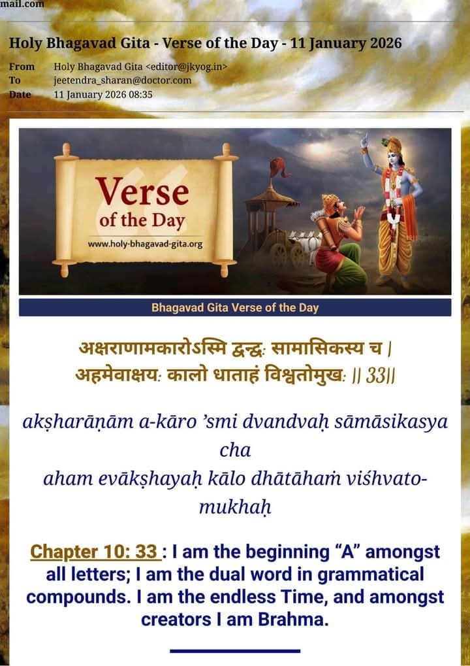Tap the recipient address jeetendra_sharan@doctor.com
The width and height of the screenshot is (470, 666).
coord(123,80)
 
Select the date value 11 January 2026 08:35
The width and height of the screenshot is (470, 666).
coord(103,94)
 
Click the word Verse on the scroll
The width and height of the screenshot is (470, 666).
coord(142,191)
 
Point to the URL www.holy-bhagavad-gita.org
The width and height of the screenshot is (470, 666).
coord(145,244)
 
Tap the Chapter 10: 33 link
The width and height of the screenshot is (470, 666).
coord(95,552)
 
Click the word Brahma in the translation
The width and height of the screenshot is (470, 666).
coord(293,620)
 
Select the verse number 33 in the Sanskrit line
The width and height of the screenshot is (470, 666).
coord(375,375)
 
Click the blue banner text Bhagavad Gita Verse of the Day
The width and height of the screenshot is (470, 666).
coord(235,308)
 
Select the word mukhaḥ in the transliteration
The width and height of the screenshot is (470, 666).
coord(234,507)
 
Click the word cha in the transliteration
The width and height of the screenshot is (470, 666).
coord(235,450)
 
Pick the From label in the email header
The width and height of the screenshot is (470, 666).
coord(22,67)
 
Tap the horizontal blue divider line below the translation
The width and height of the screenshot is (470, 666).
coord(235,651)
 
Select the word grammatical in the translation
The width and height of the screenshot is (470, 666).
coord(371,574)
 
